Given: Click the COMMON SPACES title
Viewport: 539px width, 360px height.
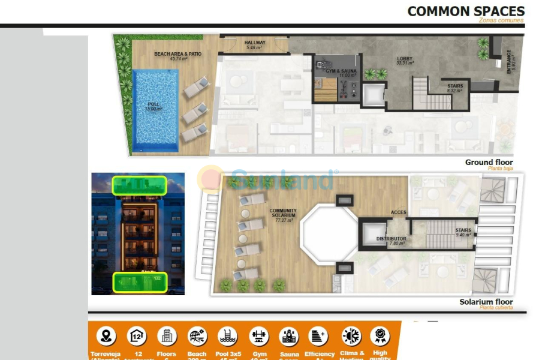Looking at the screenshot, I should tap(466, 11).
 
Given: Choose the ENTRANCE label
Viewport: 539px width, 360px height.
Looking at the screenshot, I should tap(510, 62).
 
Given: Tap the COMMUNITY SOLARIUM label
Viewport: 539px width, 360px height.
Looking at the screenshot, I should tap(283, 215).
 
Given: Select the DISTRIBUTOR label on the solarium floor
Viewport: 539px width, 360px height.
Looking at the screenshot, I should tap(391, 241).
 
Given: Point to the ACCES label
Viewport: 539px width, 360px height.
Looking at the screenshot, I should tap(398, 212).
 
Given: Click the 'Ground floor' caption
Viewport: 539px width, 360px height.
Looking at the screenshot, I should tap(489, 163).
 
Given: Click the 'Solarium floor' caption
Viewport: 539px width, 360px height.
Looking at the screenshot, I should tap(486, 302).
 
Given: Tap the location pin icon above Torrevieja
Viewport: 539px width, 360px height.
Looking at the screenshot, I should tap(106, 335).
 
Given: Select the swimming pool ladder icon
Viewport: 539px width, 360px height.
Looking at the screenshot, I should tap(227, 335).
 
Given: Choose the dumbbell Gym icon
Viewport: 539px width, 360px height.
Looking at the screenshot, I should tap(258, 335).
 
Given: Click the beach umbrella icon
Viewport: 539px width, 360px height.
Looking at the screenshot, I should tap(197, 335).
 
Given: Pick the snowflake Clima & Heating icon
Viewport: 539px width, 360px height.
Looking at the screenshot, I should tap(351, 335).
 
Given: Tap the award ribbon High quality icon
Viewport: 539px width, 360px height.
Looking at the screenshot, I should tap(380, 335).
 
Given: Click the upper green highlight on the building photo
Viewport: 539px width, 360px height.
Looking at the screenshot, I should tap(139, 185).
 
